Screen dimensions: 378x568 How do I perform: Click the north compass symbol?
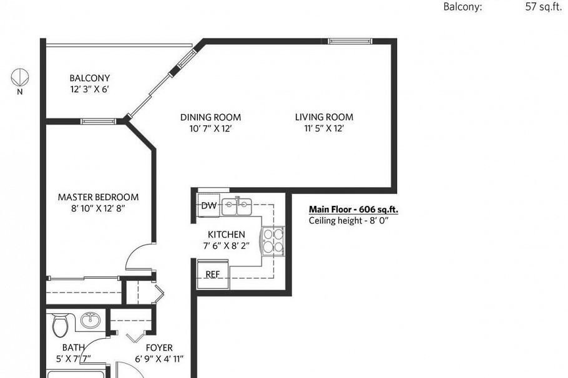(19, 77)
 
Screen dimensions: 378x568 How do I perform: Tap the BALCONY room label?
(89, 79)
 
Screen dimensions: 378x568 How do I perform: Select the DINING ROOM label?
(210, 117)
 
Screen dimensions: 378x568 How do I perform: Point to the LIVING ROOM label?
(324, 117)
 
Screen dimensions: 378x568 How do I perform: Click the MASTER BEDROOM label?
(98, 197)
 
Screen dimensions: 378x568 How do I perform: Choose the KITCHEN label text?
(226, 235)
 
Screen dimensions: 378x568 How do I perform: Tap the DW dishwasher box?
(208, 205)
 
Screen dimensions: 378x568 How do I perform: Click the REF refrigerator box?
(212, 274)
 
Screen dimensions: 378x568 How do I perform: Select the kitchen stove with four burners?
(273, 240)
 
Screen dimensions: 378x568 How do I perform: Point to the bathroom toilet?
(61, 324)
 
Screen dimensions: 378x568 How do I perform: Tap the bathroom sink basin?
(91, 321)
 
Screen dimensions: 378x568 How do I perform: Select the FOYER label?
(159, 348)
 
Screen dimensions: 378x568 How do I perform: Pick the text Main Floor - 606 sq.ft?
(353, 210)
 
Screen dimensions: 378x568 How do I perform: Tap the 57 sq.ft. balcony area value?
(544, 7)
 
